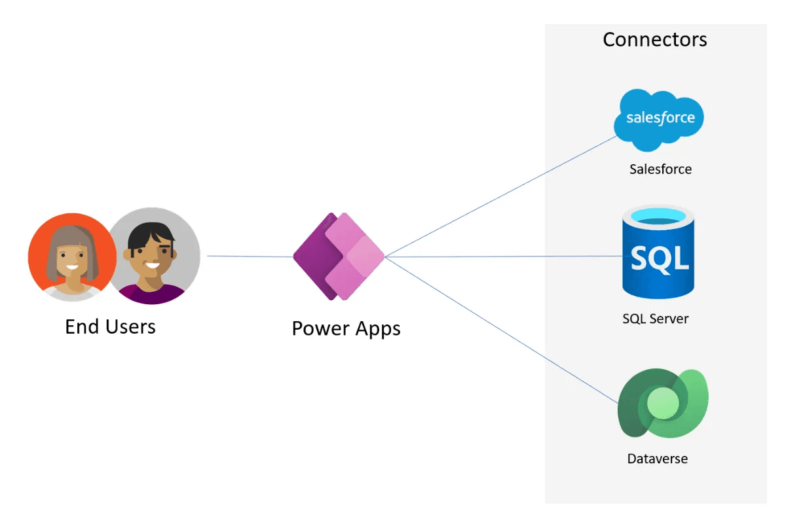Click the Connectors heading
(654, 39)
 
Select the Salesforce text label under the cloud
(660, 169)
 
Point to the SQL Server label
(655, 319)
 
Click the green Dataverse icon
(662, 404)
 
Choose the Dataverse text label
(658, 459)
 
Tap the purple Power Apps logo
(339, 256)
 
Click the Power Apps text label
(346, 328)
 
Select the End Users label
(110, 326)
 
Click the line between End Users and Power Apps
(249, 256)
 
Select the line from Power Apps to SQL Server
(498, 256)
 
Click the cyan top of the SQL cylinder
(658, 216)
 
